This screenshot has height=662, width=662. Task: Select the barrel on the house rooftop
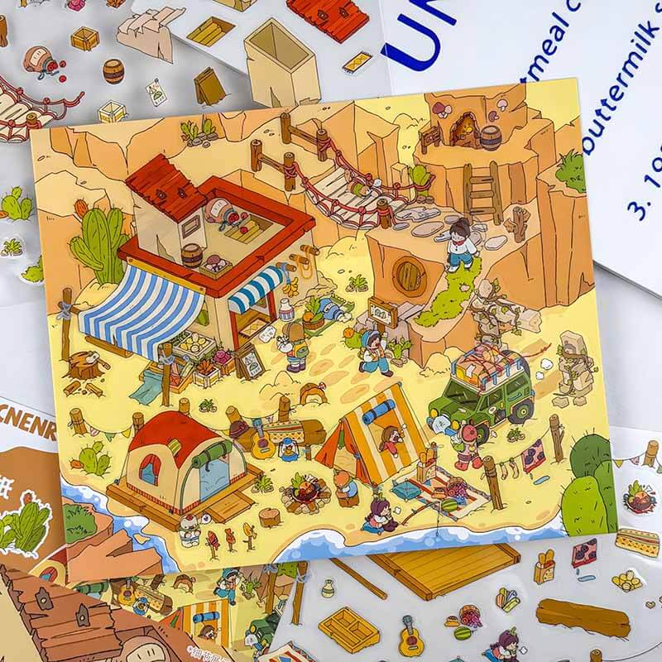tap(192, 255)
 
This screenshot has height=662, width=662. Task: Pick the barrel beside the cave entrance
tap(491, 137)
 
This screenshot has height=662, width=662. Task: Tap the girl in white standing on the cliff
tap(459, 243)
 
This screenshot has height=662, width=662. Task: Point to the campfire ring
tap(299, 494)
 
